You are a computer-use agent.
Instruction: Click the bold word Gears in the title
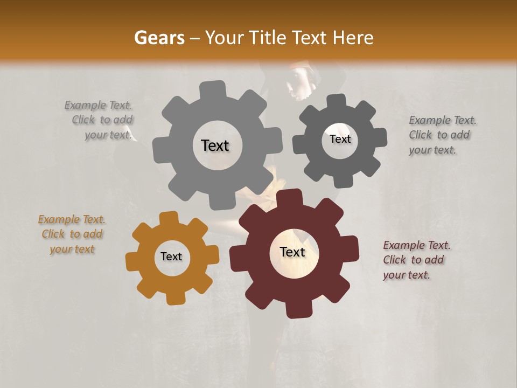click(x=159, y=38)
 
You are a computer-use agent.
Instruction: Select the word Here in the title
click(x=353, y=38)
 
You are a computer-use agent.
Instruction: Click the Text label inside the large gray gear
click(x=215, y=145)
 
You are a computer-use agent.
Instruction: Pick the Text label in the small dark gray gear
click(x=340, y=139)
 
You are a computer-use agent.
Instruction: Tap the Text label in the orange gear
click(x=171, y=257)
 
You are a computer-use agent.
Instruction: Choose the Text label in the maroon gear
click(x=292, y=252)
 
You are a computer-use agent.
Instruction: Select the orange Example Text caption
click(x=72, y=234)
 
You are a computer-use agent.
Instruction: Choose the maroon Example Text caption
click(x=416, y=260)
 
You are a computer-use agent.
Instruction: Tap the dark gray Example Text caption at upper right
click(x=442, y=135)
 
